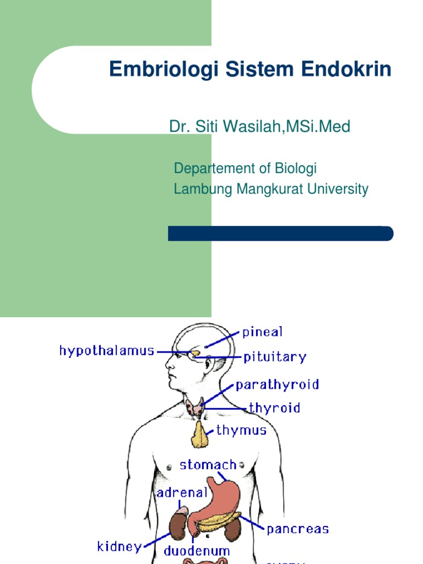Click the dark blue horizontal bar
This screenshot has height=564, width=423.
pos(280,234)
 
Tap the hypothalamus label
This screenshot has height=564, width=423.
pos(107,351)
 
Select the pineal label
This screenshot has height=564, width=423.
pos(262,332)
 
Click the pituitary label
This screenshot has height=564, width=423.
pos(274,357)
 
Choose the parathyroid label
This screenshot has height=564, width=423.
pos(277,385)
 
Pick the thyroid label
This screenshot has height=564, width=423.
pos(274,408)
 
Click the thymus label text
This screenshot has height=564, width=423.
pos(241,430)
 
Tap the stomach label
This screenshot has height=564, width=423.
pos(208,464)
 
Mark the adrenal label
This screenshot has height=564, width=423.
pos(182,492)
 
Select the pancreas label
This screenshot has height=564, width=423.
pos(297,529)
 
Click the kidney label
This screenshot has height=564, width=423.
pos(119,546)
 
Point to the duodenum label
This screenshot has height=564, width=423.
pos(197,551)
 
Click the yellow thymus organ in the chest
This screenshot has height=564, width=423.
pos(200,435)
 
